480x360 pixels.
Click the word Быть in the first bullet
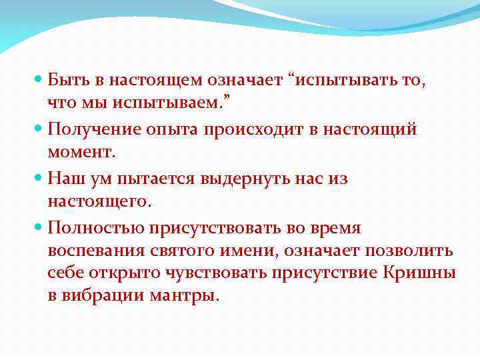tap(69, 80)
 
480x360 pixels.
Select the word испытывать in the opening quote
tap(347, 80)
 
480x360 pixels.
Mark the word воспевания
tap(93, 251)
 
